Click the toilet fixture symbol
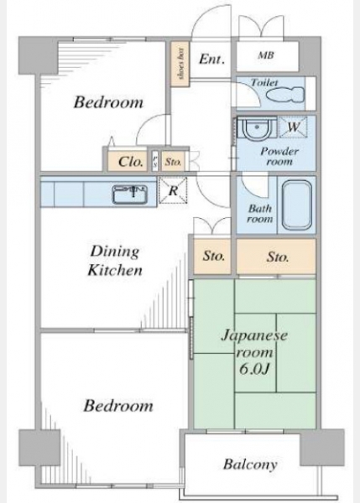click(285, 95)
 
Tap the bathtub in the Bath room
click(297, 205)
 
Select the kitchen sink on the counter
click(130, 194)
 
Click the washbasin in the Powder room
click(257, 128)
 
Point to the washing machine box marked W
click(293, 127)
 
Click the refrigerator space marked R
click(173, 190)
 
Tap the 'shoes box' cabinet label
click(181, 64)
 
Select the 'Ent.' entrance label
click(211, 59)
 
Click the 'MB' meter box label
click(266, 55)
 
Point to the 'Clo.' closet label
click(130, 161)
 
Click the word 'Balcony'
click(250, 464)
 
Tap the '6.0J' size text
click(254, 369)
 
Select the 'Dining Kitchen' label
click(115, 260)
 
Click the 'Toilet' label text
click(264, 82)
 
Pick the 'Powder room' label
click(279, 156)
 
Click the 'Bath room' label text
click(260, 214)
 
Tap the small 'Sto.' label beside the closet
click(173, 162)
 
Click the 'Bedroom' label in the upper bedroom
click(108, 102)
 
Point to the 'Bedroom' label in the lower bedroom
click(118, 406)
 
